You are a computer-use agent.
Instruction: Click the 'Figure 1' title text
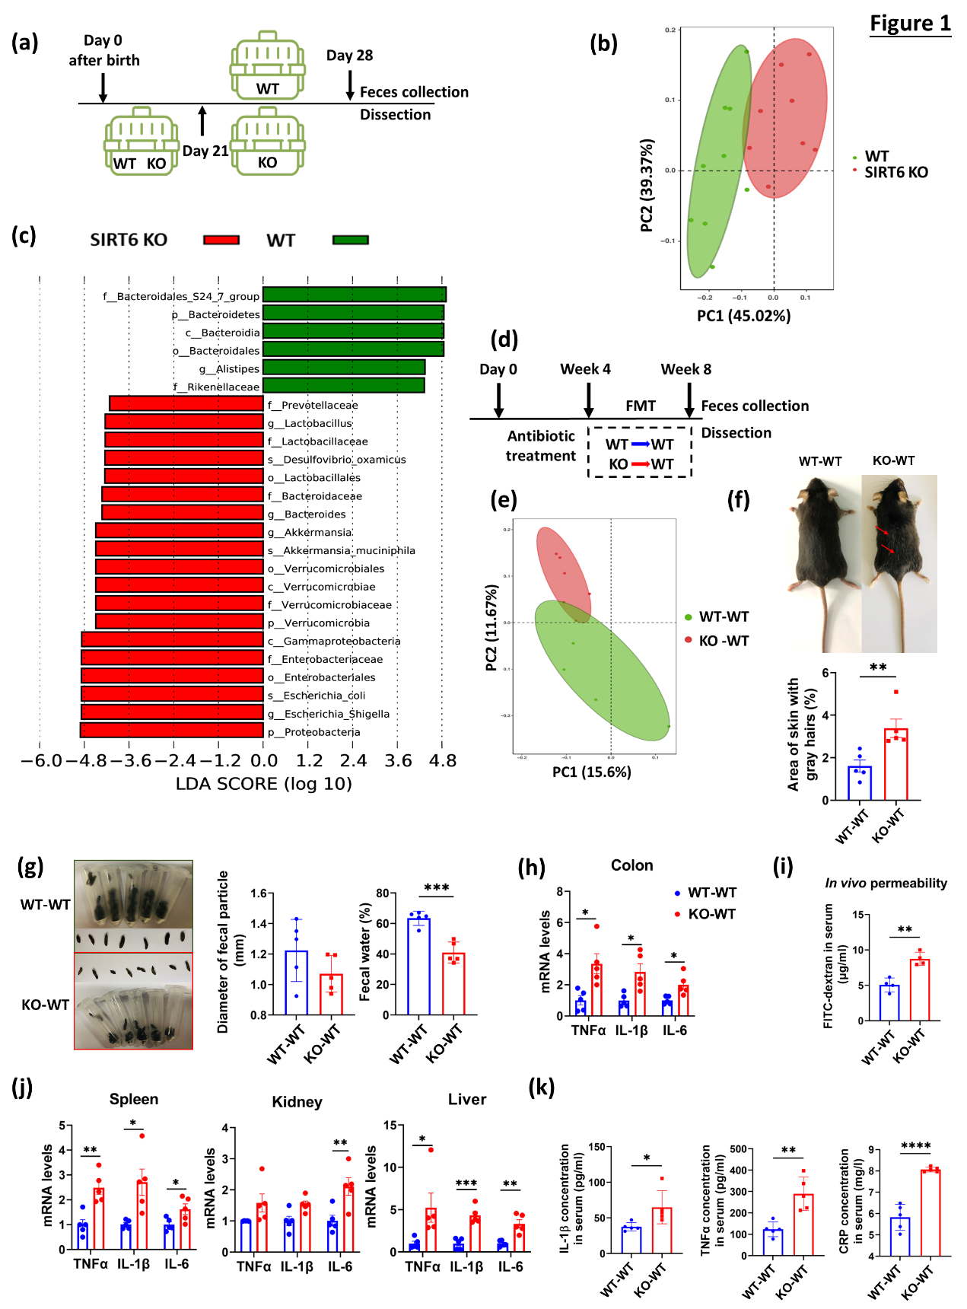click(x=910, y=24)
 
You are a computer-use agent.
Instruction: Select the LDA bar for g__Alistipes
click(x=343, y=368)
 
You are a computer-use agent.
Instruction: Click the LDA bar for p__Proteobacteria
click(x=172, y=731)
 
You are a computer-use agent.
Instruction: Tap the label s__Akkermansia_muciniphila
click(x=342, y=550)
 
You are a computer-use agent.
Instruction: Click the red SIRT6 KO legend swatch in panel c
click(x=221, y=240)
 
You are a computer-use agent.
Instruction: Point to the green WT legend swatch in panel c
click(x=351, y=240)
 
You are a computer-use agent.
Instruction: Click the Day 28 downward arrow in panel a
click(x=350, y=84)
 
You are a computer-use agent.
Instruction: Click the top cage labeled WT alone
click(x=268, y=65)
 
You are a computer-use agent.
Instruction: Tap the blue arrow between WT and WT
click(x=641, y=444)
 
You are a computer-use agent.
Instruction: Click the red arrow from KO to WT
click(x=640, y=464)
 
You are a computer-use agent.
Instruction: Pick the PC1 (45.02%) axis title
click(x=743, y=315)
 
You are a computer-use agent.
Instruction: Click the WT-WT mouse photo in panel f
click(x=823, y=563)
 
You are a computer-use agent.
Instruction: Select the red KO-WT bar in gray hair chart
click(x=895, y=764)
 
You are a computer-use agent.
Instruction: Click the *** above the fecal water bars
click(x=436, y=888)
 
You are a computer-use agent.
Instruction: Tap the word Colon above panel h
click(x=631, y=865)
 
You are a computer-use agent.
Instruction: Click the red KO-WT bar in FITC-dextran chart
click(x=920, y=989)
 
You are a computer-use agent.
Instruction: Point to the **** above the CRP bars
click(x=915, y=1146)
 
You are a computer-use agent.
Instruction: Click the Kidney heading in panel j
click(x=297, y=1102)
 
